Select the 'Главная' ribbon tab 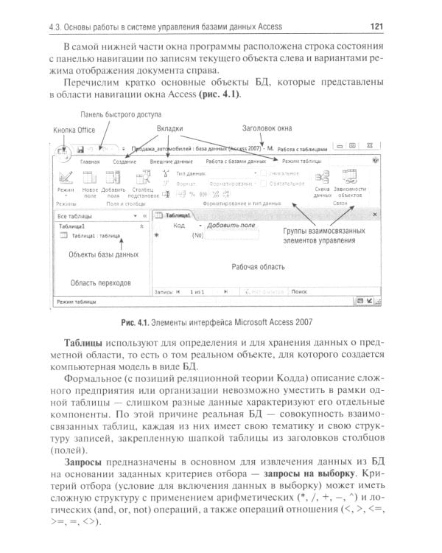(x=90, y=160)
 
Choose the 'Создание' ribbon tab (x=124, y=160)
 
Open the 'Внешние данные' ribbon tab (x=171, y=160)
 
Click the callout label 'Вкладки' (x=169, y=128)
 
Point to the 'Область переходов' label (x=101, y=282)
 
